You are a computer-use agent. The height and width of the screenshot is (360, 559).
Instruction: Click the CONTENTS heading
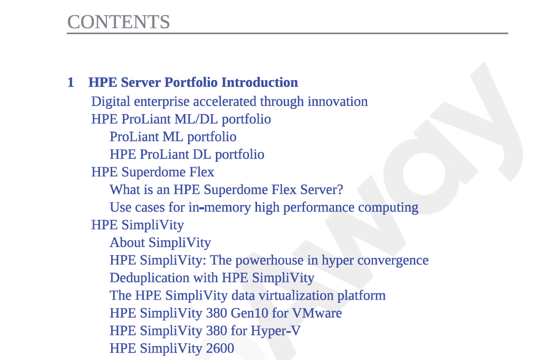pos(118,22)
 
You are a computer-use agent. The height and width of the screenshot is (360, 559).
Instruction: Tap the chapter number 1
pos(71,82)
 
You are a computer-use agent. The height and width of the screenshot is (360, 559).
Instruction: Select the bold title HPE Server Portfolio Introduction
pos(193,82)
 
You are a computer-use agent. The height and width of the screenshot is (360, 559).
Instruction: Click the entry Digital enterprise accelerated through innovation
pos(229,101)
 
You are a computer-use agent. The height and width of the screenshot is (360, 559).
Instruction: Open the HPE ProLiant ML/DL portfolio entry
pos(181,120)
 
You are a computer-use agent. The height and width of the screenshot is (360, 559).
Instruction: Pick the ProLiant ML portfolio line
pos(173,137)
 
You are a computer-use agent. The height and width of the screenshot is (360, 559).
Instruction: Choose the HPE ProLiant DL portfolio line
pos(187,155)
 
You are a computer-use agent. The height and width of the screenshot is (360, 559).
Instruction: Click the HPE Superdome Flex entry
pos(153,172)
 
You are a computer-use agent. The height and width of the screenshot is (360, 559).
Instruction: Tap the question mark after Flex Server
pos(339,190)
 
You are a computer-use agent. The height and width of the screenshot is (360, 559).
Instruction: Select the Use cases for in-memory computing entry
pos(264,207)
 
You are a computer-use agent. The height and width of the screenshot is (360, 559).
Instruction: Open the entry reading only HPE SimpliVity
pos(137,225)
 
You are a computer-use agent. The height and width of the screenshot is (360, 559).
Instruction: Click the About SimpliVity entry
pos(160,242)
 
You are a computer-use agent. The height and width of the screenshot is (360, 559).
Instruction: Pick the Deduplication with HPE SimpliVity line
pos(212,278)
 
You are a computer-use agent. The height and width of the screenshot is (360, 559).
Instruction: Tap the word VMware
pos(317,314)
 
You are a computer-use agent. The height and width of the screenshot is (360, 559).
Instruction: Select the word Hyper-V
pos(276,331)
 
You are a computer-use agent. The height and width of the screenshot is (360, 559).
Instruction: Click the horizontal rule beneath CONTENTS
pos(288,34)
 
